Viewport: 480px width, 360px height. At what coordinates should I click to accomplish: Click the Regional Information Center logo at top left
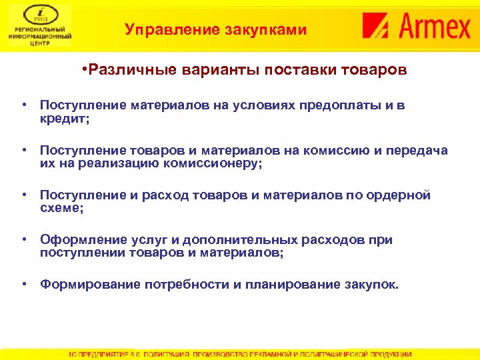point(40,27)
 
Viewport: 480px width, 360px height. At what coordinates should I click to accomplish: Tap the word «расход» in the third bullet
point(151,195)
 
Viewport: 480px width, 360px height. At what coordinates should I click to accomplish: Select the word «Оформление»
point(77,240)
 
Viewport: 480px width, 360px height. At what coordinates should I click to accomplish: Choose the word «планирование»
point(288,285)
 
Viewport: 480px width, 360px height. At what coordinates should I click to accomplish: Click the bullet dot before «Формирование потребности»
point(23,285)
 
